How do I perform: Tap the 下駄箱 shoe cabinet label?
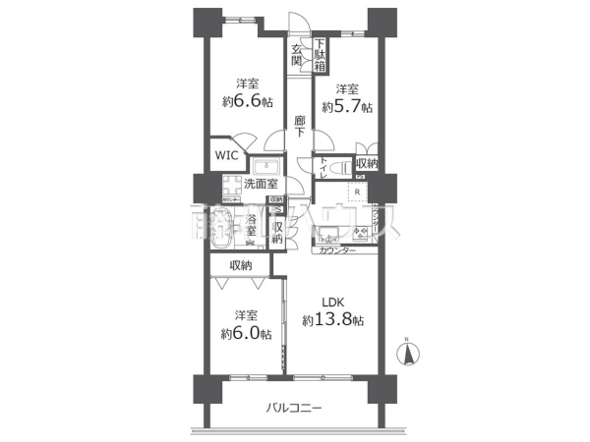click(x=322, y=54)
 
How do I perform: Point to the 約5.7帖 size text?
click(x=350, y=106)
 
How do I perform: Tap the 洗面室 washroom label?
click(x=261, y=184)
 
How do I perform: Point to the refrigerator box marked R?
click(x=355, y=192)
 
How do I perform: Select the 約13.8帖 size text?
click(x=332, y=321)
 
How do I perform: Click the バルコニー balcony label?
click(x=293, y=408)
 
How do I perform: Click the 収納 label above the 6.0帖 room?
click(x=241, y=265)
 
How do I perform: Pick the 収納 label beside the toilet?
click(x=366, y=162)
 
